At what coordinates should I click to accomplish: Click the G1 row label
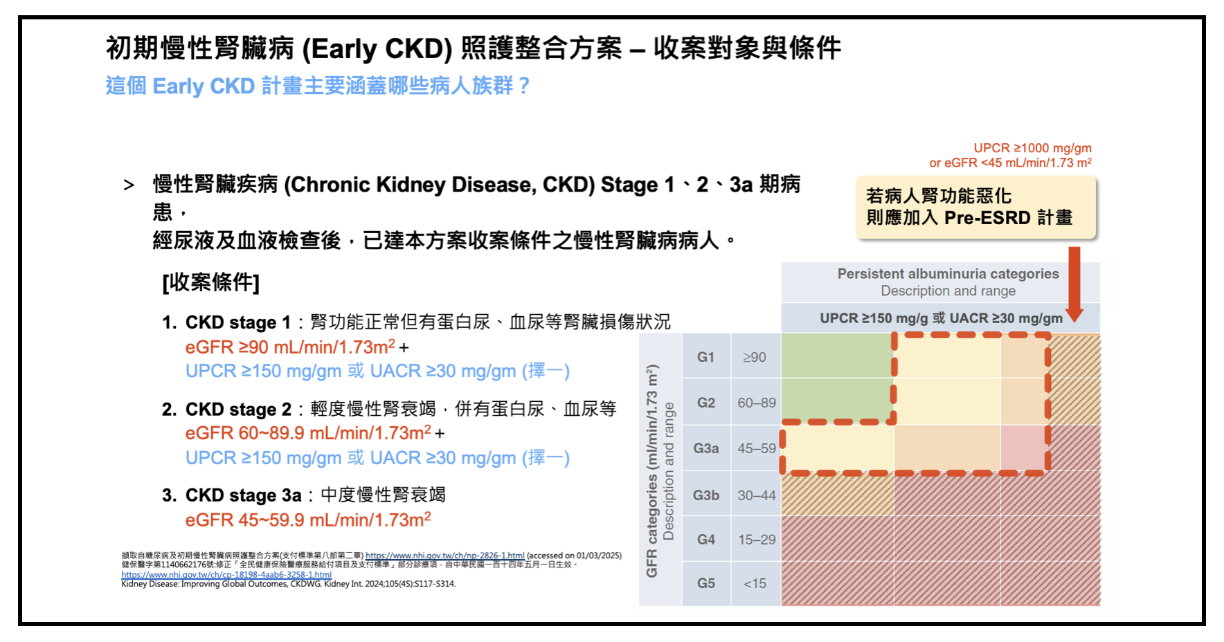[705, 357]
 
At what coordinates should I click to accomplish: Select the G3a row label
[706, 448]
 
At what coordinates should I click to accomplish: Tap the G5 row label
[706, 583]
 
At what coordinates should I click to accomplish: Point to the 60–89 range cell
[757, 403]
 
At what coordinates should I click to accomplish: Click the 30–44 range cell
[757, 495]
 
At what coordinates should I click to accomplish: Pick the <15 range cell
[755, 583]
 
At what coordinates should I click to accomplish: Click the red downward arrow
[1074, 284]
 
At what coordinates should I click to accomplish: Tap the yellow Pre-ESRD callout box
[976, 208]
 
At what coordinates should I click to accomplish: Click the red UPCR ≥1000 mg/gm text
[1032, 148]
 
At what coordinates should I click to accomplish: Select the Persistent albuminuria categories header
[948, 274]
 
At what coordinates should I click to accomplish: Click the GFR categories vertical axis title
[651, 470]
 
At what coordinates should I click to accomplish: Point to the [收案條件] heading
[210, 282]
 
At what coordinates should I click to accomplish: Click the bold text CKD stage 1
[237, 322]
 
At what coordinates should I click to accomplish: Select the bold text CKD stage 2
[238, 410]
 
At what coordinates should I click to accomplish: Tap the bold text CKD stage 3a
[243, 495]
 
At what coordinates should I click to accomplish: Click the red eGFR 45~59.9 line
[308, 520]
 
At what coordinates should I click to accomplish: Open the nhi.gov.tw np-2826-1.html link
[444, 556]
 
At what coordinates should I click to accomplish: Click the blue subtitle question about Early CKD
[318, 86]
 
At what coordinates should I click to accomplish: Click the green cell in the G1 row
[836, 356]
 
